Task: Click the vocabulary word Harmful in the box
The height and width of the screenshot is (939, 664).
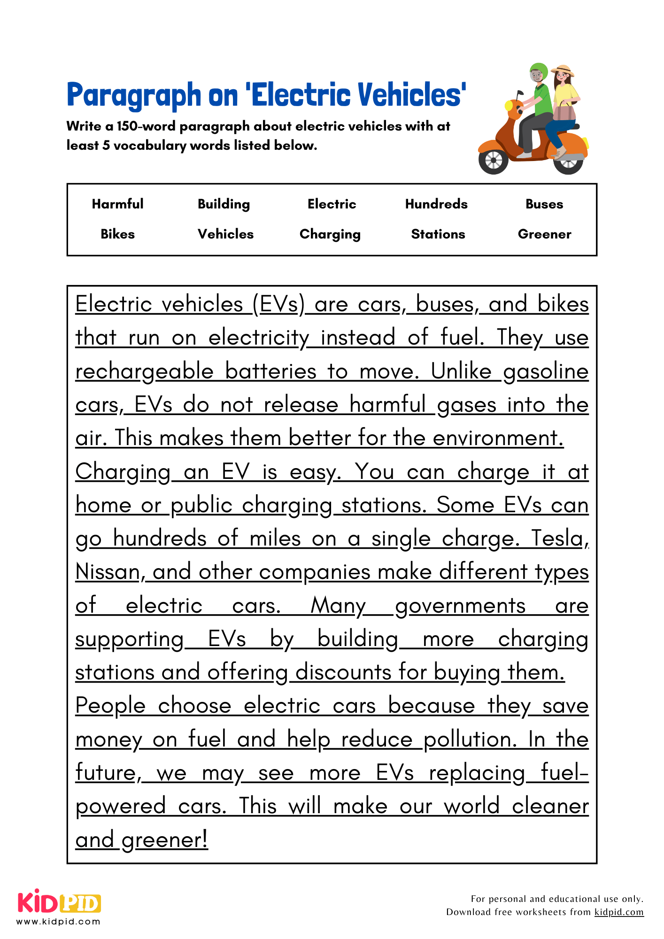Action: pyautogui.click(x=117, y=204)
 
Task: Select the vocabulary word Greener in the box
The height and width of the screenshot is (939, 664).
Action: pyautogui.click(x=544, y=234)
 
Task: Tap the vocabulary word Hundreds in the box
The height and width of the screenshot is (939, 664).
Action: pyautogui.click(x=436, y=204)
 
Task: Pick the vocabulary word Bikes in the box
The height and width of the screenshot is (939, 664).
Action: pyautogui.click(x=117, y=234)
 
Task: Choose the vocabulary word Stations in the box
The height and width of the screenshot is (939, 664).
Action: pyautogui.click(x=438, y=234)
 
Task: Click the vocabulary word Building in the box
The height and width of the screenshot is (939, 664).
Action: pyautogui.click(x=224, y=204)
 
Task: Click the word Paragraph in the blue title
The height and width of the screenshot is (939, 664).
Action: pyautogui.click(x=134, y=95)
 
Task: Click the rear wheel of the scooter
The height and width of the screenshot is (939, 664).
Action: pyautogui.click(x=568, y=162)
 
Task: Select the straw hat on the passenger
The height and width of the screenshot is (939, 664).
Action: pyautogui.click(x=563, y=71)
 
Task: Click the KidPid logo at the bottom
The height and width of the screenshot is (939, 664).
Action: pyautogui.click(x=59, y=902)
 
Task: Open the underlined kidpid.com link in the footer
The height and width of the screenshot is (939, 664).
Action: pyautogui.click(x=618, y=912)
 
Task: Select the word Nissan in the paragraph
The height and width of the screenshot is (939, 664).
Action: pyautogui.click(x=108, y=572)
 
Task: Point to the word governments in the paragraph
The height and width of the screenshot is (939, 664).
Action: pyautogui.click(x=460, y=606)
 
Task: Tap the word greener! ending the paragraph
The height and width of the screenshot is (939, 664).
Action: pyautogui.click(x=164, y=840)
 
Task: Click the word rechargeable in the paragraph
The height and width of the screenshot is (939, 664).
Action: pyautogui.click(x=144, y=371)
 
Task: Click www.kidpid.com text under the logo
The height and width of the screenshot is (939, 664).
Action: pyautogui.click(x=58, y=921)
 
